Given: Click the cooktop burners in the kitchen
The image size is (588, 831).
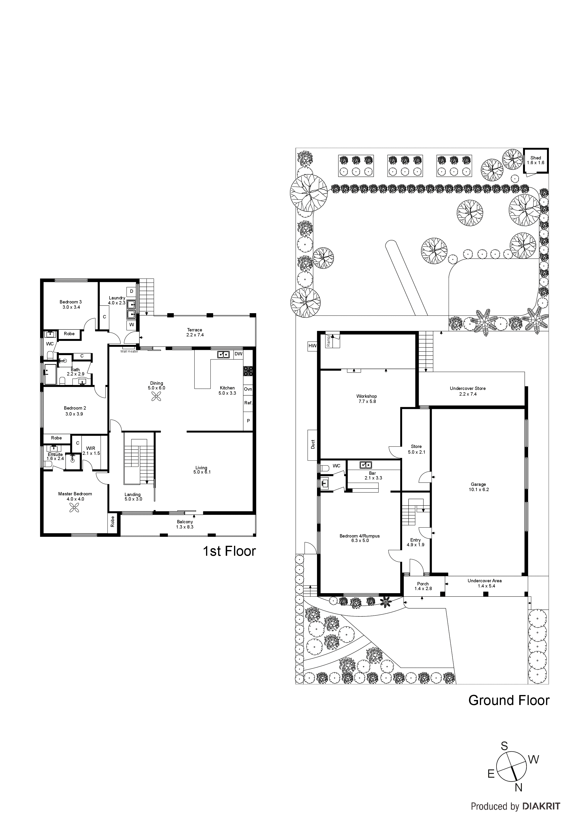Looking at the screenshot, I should (248, 371).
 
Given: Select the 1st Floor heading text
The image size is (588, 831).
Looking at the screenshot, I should (229, 551).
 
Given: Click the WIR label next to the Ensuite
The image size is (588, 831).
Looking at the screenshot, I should (91, 448).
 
